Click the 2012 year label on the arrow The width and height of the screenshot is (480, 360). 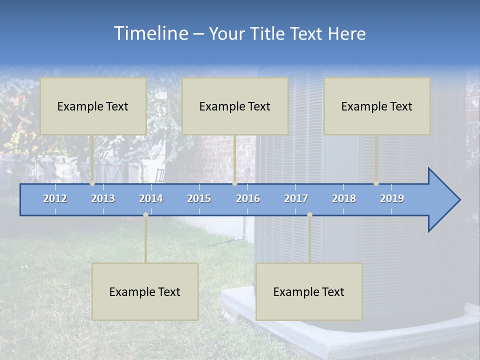click(55, 198)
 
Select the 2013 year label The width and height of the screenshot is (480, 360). click(103, 198)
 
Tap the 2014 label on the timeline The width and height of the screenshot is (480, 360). click(151, 198)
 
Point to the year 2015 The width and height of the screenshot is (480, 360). click(199, 198)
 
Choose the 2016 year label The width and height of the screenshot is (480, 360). click(248, 198)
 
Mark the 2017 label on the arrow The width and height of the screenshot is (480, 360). click(296, 198)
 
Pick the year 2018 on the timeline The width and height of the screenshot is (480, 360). click(344, 198)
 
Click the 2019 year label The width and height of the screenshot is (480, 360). click(392, 198)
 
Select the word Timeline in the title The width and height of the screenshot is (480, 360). click(150, 33)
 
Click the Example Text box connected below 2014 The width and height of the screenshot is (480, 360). click(145, 291)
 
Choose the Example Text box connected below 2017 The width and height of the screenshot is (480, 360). click(309, 291)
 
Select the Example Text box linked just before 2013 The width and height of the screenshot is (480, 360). click(93, 106)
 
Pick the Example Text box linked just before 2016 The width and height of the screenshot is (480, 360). click(235, 106)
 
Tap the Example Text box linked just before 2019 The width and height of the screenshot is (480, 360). click(377, 106)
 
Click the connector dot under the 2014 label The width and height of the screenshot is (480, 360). click(145, 214)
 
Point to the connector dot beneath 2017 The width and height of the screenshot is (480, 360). click(309, 214)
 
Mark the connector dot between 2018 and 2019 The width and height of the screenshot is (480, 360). click(376, 183)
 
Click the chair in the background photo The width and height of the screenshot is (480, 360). click(160, 175)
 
